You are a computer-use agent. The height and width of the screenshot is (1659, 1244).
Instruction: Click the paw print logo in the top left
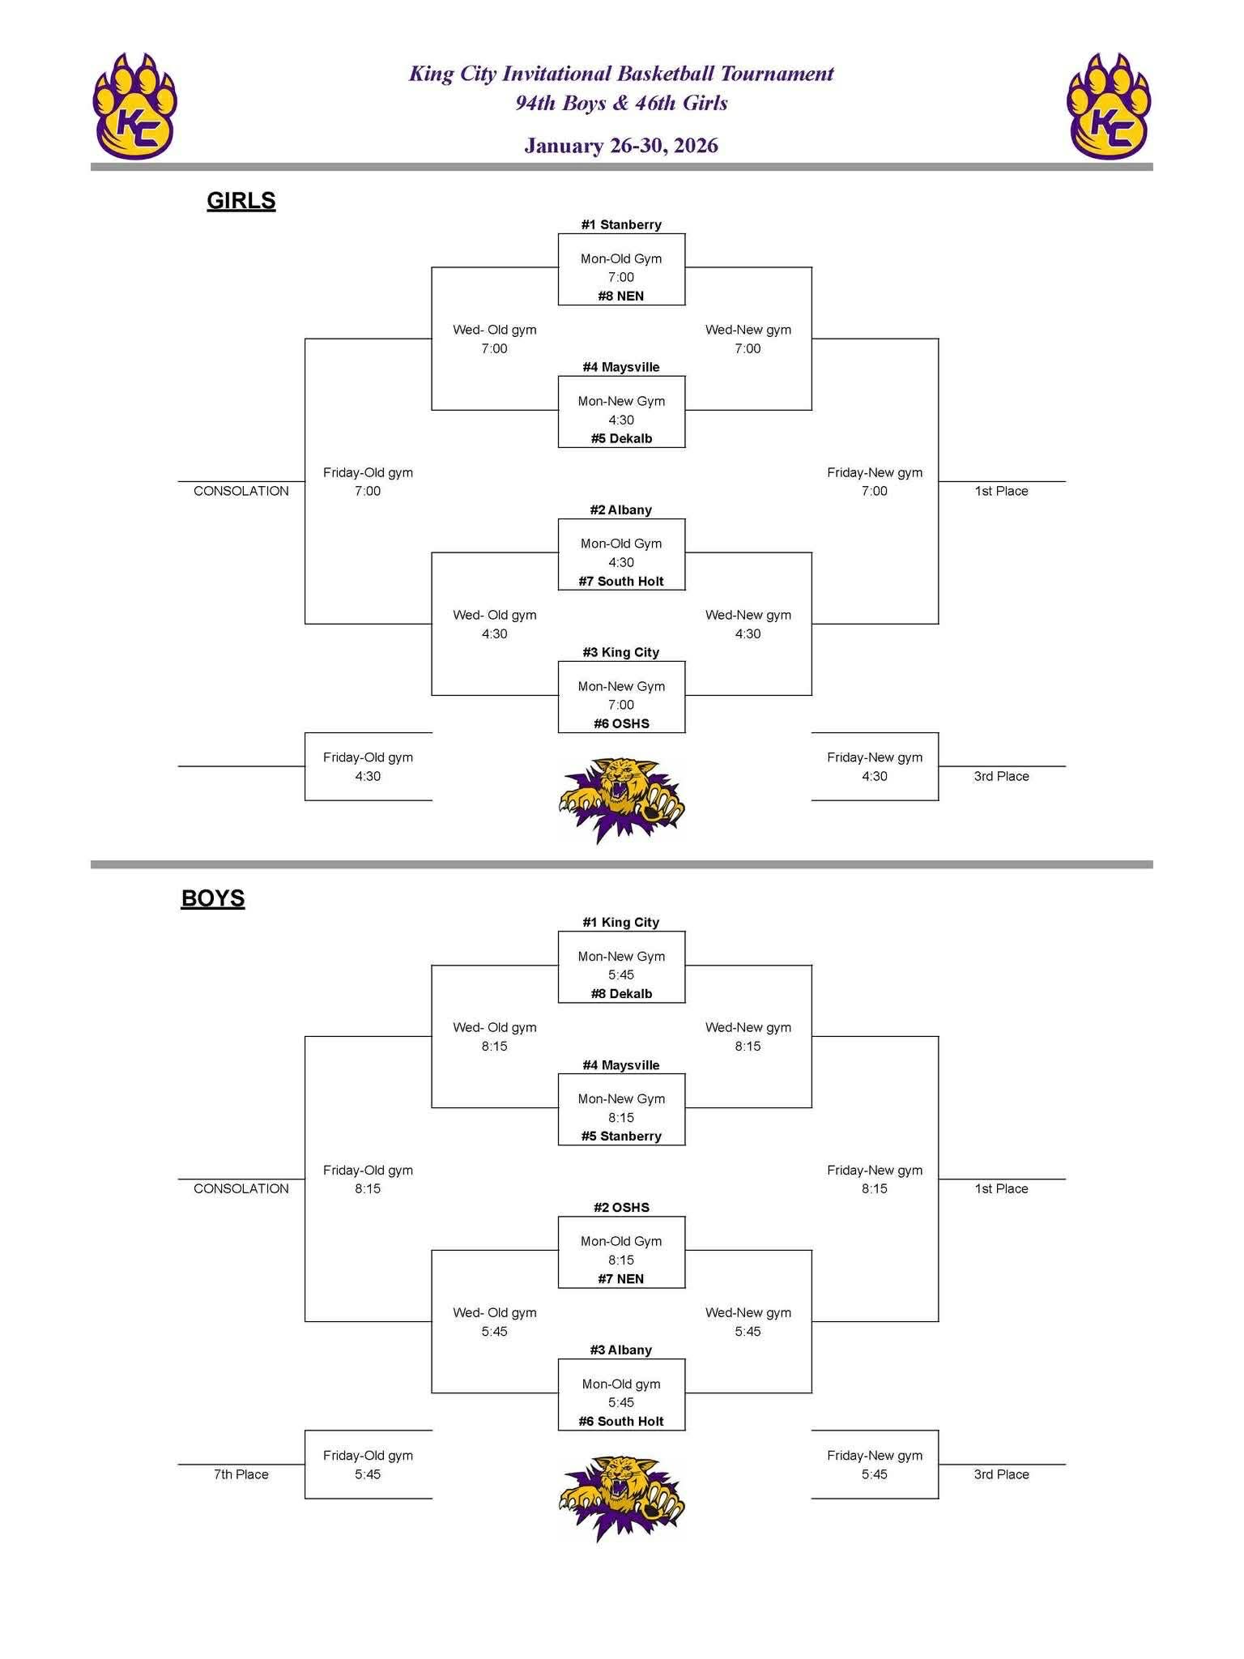(134, 106)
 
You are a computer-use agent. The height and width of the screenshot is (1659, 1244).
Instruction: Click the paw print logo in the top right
(1109, 106)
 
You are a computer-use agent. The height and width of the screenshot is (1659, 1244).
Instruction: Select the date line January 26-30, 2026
(621, 146)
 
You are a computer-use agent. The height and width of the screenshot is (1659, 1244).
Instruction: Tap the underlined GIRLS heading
(241, 201)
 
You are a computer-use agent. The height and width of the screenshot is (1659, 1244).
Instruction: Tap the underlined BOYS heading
(213, 898)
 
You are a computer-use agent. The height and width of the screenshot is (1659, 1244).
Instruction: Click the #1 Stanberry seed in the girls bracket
(621, 225)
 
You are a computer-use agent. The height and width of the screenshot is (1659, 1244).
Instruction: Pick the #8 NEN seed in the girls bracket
(621, 296)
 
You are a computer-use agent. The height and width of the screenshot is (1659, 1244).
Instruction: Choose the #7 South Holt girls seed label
(621, 582)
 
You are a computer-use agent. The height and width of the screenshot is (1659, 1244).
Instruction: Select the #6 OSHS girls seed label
(621, 724)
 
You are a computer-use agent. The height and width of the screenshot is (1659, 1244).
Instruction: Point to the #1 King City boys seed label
(621, 923)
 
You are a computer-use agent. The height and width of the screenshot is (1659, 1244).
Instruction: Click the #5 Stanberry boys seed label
(621, 1137)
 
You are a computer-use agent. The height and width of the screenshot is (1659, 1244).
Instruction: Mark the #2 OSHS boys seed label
(621, 1208)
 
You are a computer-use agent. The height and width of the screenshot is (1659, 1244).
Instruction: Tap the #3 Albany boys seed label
(621, 1350)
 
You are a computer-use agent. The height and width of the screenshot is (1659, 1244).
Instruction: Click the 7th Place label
(241, 1474)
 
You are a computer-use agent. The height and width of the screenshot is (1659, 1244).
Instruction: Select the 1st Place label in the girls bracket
(1001, 491)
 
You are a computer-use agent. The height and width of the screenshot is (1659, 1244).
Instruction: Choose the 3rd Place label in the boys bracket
(1001, 1474)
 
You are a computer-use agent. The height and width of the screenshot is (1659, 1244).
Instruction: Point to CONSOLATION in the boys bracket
(241, 1188)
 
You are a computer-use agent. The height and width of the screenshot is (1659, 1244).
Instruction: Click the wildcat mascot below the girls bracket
(621, 799)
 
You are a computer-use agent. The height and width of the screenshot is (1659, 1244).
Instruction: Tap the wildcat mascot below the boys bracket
(621, 1497)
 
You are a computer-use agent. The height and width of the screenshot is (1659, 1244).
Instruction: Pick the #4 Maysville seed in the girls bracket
(621, 368)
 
